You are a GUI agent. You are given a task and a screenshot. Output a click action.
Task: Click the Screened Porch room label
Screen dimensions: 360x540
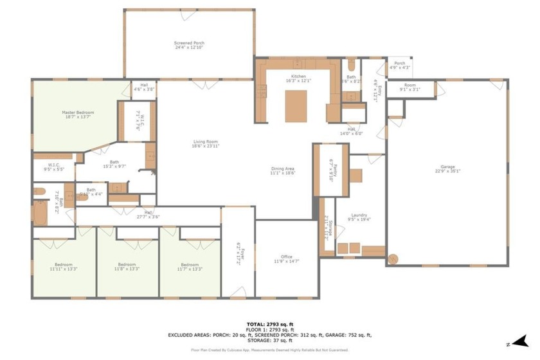coord(189,43)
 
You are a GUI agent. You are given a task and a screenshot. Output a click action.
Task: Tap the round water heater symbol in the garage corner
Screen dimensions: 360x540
coord(393,259)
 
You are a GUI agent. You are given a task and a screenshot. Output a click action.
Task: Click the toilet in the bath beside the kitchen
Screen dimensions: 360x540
coord(352,67)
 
